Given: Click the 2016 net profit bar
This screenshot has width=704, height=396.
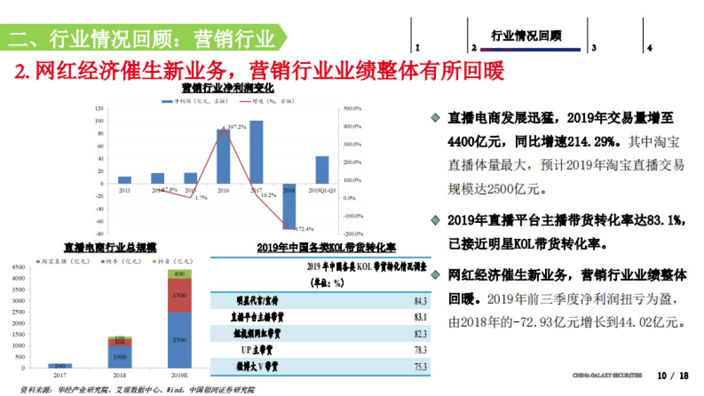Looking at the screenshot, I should (224, 155).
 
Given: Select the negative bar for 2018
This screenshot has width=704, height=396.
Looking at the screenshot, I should (289, 205).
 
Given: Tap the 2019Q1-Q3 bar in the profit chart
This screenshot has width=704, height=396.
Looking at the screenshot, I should (322, 170).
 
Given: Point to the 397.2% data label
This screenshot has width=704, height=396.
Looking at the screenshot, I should (236, 127).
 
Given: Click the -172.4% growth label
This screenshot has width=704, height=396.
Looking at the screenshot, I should (303, 229).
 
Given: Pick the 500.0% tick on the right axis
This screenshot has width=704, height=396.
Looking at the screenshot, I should (353, 109).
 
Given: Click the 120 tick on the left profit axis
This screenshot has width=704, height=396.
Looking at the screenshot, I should (99, 109).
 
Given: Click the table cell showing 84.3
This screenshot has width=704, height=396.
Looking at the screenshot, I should (420, 302).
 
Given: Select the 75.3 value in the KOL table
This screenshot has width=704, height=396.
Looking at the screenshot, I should (420, 368).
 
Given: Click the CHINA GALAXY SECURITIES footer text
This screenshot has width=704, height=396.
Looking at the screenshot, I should (607, 375).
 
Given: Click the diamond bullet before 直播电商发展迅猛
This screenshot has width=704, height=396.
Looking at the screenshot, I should (435, 117).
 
